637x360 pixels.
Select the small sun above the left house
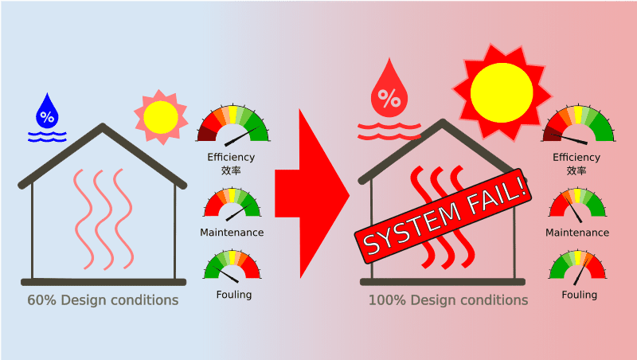(x=161, y=117)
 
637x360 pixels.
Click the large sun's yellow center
(x=502, y=92)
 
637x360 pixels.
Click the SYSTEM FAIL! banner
(x=444, y=216)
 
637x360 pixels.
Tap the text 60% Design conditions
(x=103, y=300)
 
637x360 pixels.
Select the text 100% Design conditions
(x=448, y=300)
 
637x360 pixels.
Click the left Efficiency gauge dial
(x=233, y=124)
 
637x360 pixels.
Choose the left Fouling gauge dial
(x=232, y=266)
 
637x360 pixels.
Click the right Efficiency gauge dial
(x=579, y=124)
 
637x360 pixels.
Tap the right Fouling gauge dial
(x=577, y=266)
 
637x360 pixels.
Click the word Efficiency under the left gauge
(x=231, y=157)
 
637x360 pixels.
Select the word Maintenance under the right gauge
(x=577, y=233)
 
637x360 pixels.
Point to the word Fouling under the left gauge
(x=234, y=295)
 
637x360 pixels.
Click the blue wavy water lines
(x=47, y=136)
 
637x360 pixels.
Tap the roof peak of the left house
(x=103, y=125)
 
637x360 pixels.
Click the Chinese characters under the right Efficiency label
(x=576, y=170)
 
